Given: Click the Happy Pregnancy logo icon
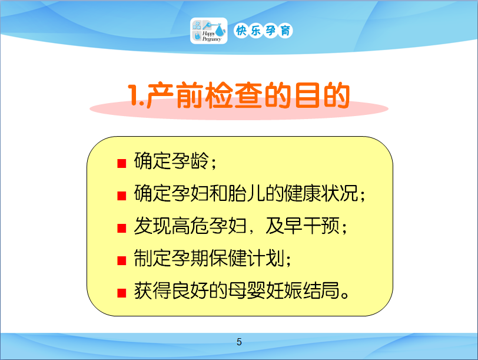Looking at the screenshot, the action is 209,31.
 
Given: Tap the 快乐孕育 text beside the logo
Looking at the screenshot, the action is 263,31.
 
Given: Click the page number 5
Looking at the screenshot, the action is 239,342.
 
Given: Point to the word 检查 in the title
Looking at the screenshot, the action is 234,95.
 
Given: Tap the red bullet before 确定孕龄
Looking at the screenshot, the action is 122,164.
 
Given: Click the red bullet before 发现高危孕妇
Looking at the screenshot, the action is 122,228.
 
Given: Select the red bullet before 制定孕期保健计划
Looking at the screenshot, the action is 122,260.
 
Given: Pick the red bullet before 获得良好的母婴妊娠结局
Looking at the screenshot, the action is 122,293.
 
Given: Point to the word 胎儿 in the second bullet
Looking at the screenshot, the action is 246,193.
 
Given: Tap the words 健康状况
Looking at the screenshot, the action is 321,193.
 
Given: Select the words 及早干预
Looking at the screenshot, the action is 303,226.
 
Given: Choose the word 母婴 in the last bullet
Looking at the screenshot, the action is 246,290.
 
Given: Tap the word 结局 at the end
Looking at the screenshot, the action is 321,290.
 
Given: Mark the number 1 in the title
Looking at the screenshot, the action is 133,95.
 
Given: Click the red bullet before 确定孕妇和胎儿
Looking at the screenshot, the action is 122,196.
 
